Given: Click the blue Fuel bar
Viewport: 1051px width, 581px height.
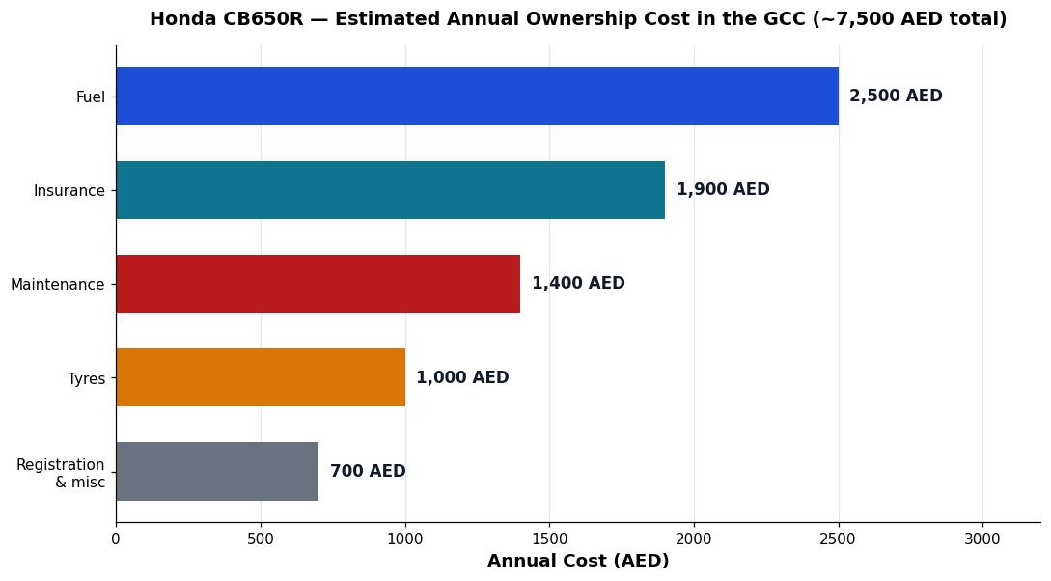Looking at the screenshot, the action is click(477, 96).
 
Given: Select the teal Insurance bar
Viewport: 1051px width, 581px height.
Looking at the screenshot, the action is click(391, 190).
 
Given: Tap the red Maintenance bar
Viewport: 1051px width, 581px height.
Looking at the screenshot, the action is click(318, 284).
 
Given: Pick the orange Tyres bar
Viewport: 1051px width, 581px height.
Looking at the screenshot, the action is click(261, 377).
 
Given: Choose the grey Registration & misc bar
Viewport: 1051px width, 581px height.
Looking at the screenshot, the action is click(217, 471).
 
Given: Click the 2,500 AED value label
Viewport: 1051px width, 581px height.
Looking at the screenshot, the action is click(896, 96).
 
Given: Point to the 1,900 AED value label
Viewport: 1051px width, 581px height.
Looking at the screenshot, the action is click(723, 190).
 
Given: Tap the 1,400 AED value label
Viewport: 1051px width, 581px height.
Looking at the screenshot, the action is click(578, 283).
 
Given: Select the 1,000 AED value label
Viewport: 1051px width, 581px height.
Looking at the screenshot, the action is click(462, 377).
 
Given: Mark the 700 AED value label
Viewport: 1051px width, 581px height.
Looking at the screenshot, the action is click(368, 471).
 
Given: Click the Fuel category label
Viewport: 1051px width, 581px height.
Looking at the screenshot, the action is click(91, 97).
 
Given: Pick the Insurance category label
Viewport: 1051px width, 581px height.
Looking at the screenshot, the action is click(69, 191).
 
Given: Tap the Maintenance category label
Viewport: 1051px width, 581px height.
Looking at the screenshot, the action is click(58, 284).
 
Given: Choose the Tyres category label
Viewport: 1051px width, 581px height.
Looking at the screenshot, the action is click(87, 378).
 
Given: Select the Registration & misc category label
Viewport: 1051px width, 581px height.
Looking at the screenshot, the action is click(61, 473).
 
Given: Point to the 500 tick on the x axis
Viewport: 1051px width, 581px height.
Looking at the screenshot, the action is click(261, 539).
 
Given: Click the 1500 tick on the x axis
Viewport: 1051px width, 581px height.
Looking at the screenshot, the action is click(550, 539).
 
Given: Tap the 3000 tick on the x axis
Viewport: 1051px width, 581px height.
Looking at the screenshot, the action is click(983, 539).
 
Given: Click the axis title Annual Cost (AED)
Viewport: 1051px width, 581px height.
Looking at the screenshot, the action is click(578, 561).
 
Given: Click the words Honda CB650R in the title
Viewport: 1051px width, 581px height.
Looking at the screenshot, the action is click(227, 18).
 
